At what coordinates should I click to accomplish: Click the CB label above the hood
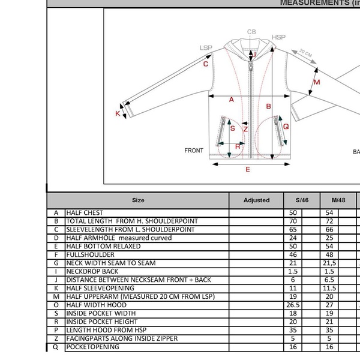pos(251,32)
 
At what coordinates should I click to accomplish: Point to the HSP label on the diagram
pos(278,37)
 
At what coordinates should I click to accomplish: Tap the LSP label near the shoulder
pos(206,48)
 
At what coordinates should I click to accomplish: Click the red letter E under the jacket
pos(248,170)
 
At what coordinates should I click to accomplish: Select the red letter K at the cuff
pos(118,113)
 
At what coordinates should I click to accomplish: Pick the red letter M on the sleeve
pos(317,82)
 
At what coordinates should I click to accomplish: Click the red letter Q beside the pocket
pos(286,127)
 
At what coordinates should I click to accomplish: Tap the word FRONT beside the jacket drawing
pos(194,151)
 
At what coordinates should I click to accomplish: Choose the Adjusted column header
pos(256,200)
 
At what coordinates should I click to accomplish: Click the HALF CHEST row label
pos(85,213)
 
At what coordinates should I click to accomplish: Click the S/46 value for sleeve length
pos(293,230)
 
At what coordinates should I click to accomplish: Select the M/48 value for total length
pos(328,221)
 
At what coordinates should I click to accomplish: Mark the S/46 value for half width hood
pos(293,305)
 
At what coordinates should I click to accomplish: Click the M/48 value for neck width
pos(329,263)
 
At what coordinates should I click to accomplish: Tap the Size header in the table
pos(138,200)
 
